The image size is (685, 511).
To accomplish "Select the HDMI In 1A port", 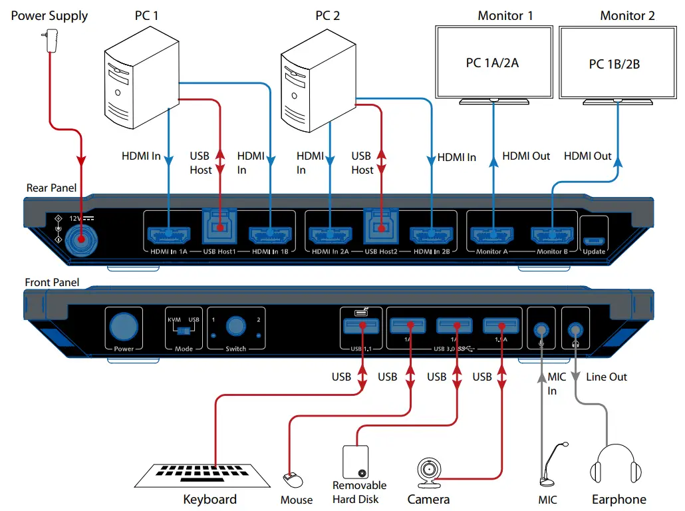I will (170, 234).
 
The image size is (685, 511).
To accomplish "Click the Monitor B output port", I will (552, 234).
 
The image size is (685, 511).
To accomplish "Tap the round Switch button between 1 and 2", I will (235, 326).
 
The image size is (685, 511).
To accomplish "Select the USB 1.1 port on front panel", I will (361, 326).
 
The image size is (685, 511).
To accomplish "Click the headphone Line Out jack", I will (575, 329).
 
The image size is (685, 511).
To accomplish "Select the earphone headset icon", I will (618, 466).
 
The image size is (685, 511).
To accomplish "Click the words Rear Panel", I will (51, 188).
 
